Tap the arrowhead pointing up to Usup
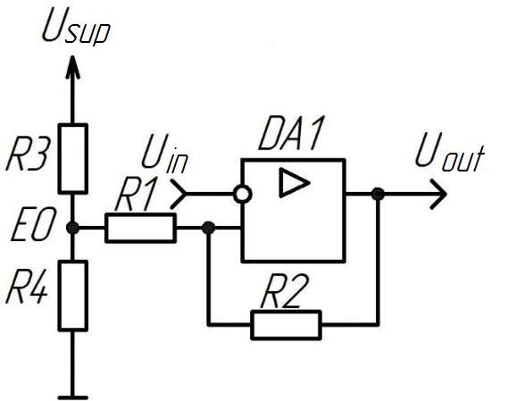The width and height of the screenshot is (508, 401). pyautogui.click(x=72, y=67)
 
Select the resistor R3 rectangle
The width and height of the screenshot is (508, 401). pyautogui.click(x=73, y=158)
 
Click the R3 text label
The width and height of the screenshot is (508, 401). pyautogui.click(x=27, y=155)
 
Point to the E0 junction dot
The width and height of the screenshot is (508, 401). pyautogui.click(x=72, y=228)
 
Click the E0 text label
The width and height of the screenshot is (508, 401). pyautogui.click(x=32, y=225)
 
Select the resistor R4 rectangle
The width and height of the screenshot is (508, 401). pyautogui.click(x=73, y=296)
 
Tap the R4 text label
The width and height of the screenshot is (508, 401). pyautogui.click(x=27, y=288)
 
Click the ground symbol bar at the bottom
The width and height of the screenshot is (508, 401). pyautogui.click(x=72, y=397)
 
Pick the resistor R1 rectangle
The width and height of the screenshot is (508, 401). pyautogui.click(x=140, y=228)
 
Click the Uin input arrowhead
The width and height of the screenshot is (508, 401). pyautogui.click(x=179, y=194)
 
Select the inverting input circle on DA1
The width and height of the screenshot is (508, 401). pyautogui.click(x=243, y=195)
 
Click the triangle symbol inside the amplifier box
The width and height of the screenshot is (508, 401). pyautogui.click(x=294, y=183)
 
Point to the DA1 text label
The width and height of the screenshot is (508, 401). pyautogui.click(x=291, y=133)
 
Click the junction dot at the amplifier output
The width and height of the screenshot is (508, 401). pyautogui.click(x=378, y=194)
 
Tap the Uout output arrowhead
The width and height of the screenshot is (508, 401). pyautogui.click(x=438, y=194)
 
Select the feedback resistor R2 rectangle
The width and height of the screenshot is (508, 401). pyautogui.click(x=287, y=325)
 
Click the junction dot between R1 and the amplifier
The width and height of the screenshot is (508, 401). pyautogui.click(x=208, y=228)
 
